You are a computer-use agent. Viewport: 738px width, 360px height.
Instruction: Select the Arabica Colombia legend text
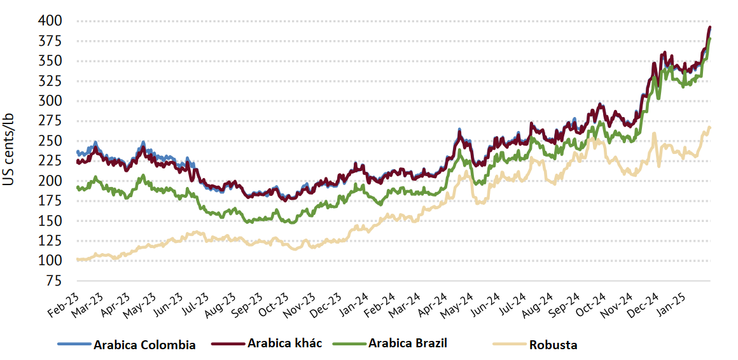[x=144, y=345]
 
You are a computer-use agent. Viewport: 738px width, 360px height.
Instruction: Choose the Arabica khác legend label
[x=284, y=343]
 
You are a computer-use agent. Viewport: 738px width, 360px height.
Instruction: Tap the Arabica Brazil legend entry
[x=408, y=343]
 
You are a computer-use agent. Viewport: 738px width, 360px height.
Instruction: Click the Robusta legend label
[x=553, y=345]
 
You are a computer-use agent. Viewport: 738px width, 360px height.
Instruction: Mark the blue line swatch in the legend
[x=74, y=344]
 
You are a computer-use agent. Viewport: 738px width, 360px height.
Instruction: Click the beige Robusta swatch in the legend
[x=510, y=344]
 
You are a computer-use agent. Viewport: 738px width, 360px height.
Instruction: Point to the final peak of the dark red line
[x=710, y=27]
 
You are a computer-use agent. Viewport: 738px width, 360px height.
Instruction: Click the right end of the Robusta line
[x=710, y=127]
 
